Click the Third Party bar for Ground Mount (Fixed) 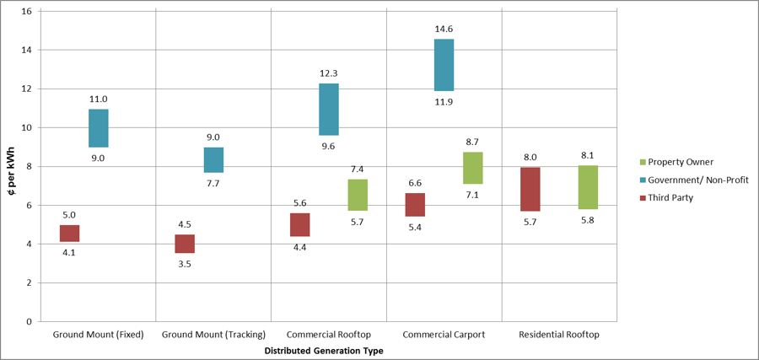(x=69, y=234)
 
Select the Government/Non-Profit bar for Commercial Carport (x=444, y=65)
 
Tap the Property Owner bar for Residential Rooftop (x=588, y=187)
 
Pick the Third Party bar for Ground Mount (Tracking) (x=185, y=244)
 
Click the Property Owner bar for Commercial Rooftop (x=358, y=195)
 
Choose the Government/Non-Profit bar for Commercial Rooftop (x=329, y=110)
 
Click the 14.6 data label (x=444, y=28)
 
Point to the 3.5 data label (x=185, y=264)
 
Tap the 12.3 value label (x=329, y=73)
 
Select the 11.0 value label (x=98, y=99)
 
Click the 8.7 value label (x=472, y=142)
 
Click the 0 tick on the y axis (x=29, y=321)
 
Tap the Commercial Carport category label (x=444, y=335)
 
